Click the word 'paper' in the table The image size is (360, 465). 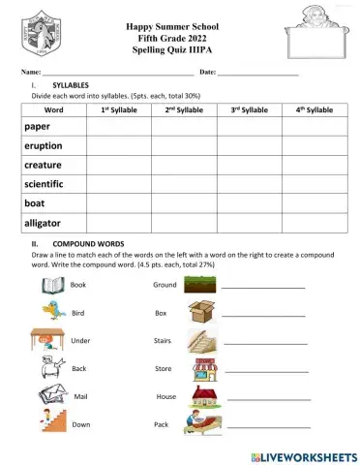click(x=39, y=127)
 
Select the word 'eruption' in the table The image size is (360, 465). click(x=44, y=146)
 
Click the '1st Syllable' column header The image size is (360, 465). click(x=118, y=110)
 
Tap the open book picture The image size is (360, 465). click(x=51, y=285)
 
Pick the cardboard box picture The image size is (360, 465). click(x=201, y=312)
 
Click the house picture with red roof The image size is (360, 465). click(x=204, y=395)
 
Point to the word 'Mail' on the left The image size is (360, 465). click(x=80, y=397)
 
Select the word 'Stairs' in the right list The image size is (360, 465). click(x=163, y=341)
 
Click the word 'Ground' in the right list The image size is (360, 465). click(x=165, y=285)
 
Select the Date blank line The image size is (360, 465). click(x=257, y=75)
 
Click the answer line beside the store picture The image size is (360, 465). click(x=266, y=371)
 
